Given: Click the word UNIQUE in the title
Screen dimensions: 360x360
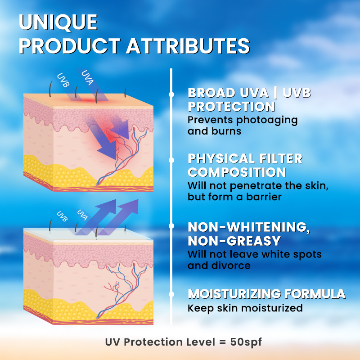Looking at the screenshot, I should [58, 22].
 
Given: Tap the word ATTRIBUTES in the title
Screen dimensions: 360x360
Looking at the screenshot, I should [188, 46].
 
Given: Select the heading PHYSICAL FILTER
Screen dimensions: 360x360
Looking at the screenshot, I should [245, 158].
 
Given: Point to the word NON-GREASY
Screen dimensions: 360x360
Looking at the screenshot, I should [234, 241].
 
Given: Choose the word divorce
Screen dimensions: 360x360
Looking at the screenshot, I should [231, 265].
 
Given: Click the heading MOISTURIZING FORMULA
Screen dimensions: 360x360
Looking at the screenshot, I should [266, 294].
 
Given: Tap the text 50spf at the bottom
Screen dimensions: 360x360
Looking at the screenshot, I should [246, 342].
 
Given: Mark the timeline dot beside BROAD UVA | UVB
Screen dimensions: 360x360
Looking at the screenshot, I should [171, 94].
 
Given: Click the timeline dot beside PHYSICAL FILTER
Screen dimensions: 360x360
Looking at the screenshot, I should [171, 160].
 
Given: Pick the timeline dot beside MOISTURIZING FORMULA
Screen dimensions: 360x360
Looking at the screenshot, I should [171, 294].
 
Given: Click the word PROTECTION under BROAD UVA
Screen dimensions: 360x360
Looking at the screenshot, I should [231, 107].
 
